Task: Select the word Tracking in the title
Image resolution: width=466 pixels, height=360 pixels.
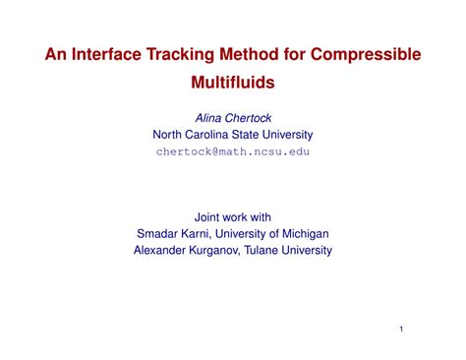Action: (x=197, y=55)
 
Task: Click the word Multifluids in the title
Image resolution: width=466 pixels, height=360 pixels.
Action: (x=232, y=86)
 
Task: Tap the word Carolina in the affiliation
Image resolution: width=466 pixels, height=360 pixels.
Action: (x=217, y=135)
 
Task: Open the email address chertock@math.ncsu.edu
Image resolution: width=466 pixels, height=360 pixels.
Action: (x=232, y=152)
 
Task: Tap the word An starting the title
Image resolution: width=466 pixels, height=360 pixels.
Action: (x=56, y=55)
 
